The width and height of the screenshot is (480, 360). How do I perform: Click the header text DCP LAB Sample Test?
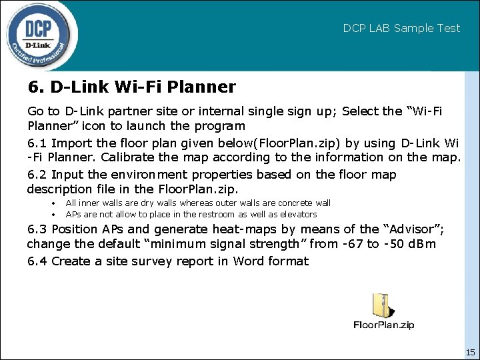point(401,28)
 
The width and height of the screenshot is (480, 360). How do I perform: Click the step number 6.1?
point(37,143)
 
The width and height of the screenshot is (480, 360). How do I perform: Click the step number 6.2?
point(37,175)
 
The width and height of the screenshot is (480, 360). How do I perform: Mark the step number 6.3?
point(37,229)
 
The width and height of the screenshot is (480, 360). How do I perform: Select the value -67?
point(352,244)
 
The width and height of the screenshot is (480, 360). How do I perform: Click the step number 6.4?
point(37,261)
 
